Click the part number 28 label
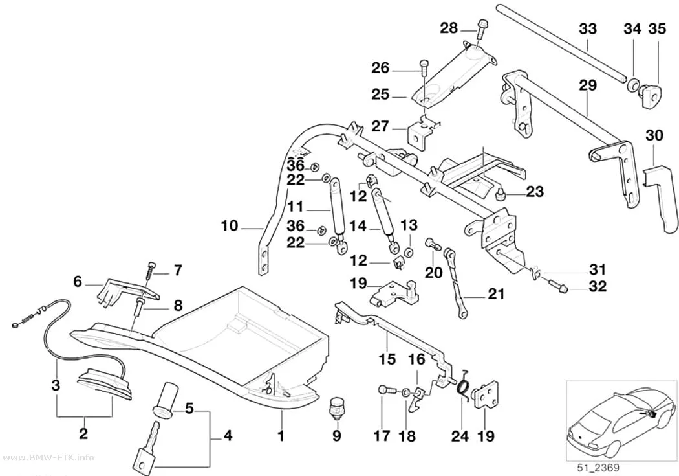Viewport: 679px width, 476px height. point(449,28)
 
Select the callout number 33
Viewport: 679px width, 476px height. point(588,29)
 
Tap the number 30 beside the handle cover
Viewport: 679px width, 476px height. point(654,135)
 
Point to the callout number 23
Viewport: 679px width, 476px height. point(535,191)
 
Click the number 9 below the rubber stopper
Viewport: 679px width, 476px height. point(337,435)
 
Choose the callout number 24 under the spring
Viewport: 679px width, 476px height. point(460,435)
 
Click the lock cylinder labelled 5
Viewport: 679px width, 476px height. point(165,398)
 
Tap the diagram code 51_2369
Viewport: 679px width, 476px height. point(598,468)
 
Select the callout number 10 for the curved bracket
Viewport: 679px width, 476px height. point(230,226)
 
